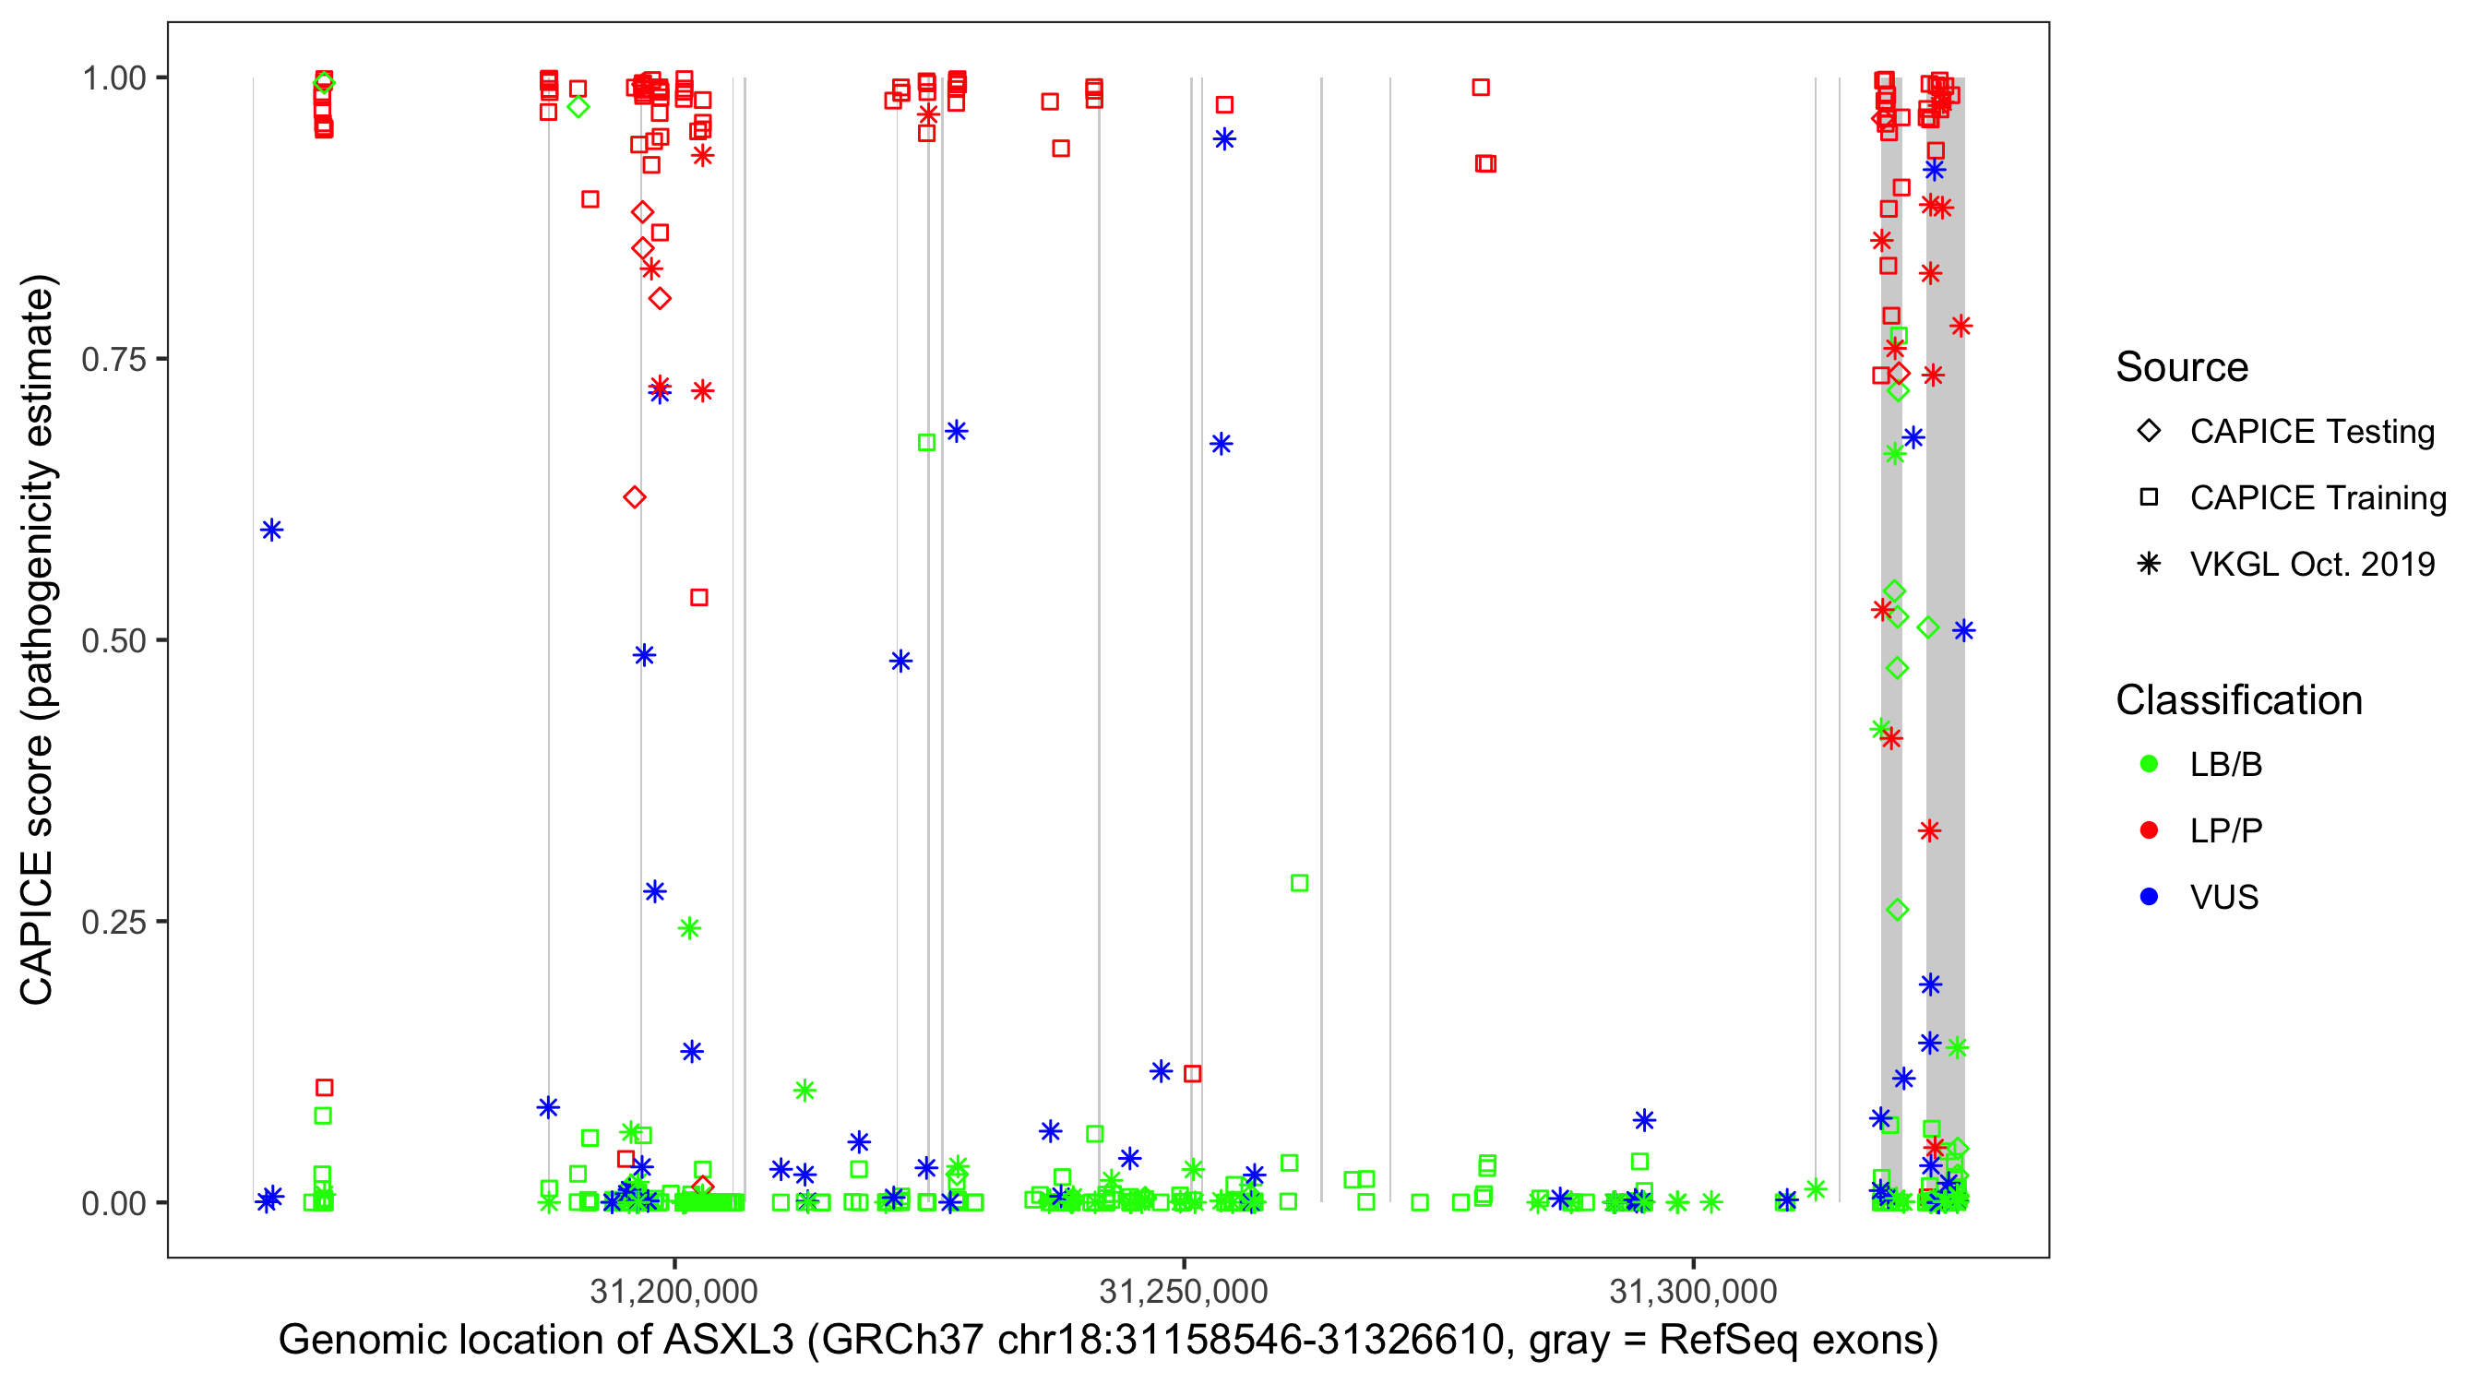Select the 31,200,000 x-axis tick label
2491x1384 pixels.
(x=674, y=1291)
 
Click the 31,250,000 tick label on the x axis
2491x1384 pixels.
(x=1184, y=1291)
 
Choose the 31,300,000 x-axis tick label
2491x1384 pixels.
(x=1693, y=1291)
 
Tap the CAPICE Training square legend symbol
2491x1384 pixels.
(x=2149, y=498)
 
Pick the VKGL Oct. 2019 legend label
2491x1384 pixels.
(x=2312, y=564)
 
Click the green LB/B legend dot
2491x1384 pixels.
(x=2149, y=764)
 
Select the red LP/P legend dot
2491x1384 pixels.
(x=2149, y=830)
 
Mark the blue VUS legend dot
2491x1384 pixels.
(x=2149, y=898)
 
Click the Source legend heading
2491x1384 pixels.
(x=2182, y=367)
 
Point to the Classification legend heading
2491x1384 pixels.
(x=2238, y=700)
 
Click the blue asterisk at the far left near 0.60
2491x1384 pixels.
(x=272, y=530)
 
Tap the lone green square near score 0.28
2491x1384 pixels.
(x=1300, y=883)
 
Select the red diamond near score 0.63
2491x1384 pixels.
(x=635, y=497)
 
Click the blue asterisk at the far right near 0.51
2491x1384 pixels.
(x=1963, y=630)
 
